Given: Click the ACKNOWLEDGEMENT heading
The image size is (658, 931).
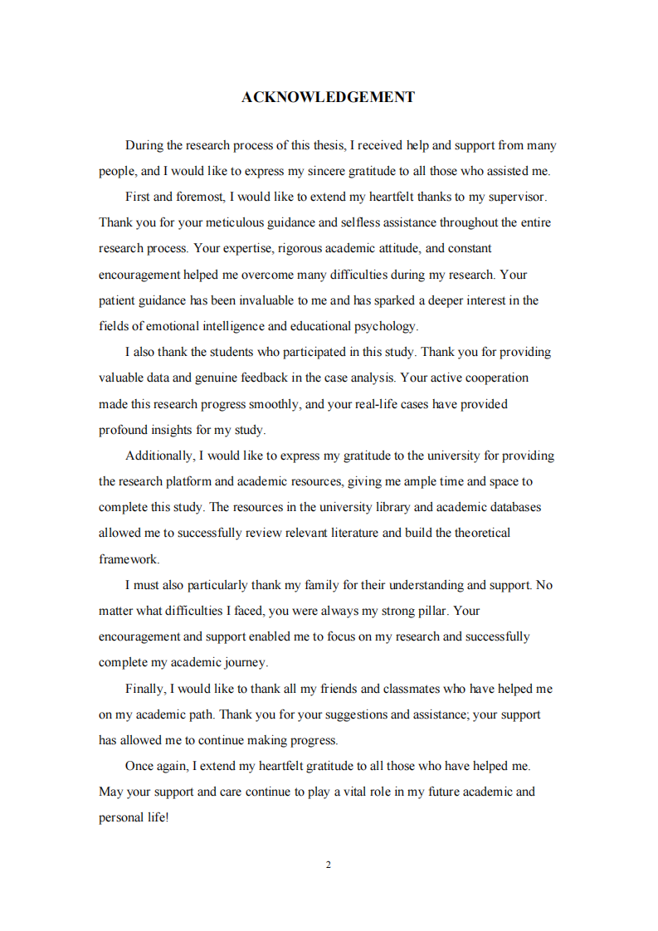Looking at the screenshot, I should click(328, 97).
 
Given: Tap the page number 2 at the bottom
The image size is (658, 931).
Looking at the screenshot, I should click(329, 865).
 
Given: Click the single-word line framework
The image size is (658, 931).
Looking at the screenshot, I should click(129, 558).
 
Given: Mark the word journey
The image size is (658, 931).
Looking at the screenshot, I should click(246, 662).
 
